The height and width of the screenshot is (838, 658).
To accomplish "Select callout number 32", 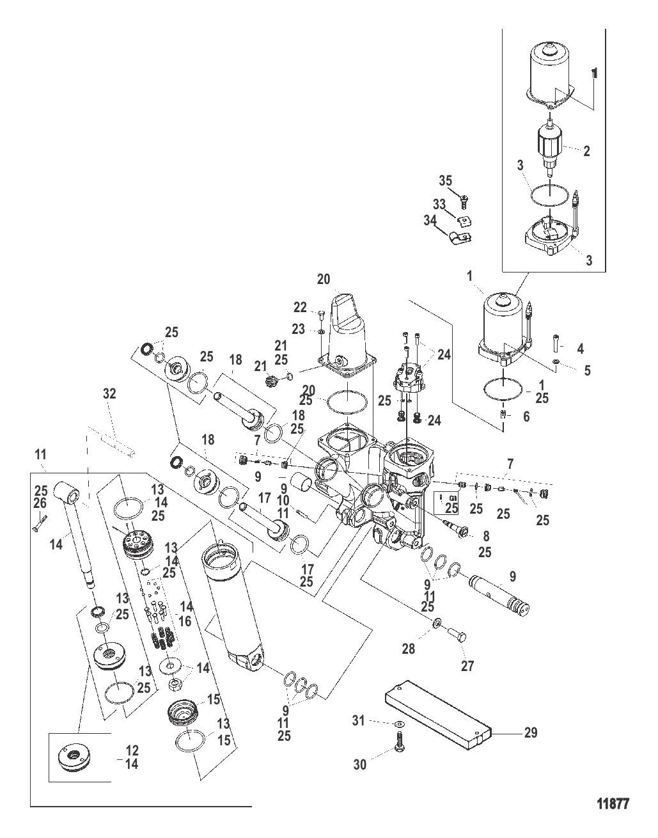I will click(x=109, y=394).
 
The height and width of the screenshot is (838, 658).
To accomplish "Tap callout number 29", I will click(x=530, y=732).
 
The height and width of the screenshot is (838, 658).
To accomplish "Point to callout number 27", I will click(x=467, y=666).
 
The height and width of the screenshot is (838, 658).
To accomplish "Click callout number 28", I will click(x=408, y=649).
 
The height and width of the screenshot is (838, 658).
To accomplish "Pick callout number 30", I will click(x=360, y=764).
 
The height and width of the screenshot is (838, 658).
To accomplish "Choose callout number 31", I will click(x=359, y=721).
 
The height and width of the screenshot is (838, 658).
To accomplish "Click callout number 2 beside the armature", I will click(x=586, y=151).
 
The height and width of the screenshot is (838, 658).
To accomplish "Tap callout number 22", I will click(x=301, y=307).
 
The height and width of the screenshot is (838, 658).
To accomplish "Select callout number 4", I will click(x=580, y=349).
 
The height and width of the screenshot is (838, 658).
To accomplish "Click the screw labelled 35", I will click(x=465, y=203).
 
